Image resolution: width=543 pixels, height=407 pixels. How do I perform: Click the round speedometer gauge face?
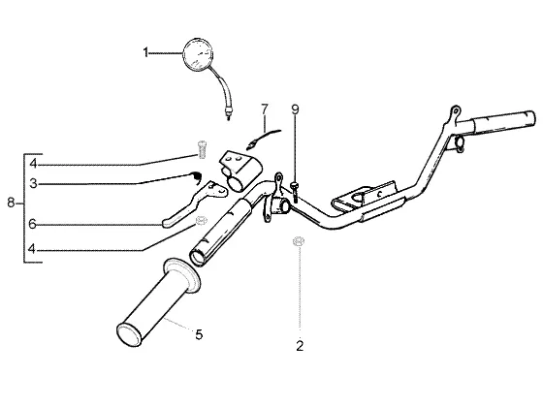198,55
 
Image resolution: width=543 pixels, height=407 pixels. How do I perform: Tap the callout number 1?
145,53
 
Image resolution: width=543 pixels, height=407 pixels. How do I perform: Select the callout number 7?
265,110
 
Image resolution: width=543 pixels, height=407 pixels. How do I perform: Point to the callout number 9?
295,110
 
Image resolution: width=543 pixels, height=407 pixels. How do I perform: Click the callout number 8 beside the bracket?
11,203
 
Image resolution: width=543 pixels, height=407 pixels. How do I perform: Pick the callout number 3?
33,183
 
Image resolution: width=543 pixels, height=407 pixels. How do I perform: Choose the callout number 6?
32,224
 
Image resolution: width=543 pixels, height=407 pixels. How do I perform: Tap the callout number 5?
199,334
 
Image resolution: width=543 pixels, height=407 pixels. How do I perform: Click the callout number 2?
300,345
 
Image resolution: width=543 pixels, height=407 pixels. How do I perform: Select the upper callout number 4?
33,164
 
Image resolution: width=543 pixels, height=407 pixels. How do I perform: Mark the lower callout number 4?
32,248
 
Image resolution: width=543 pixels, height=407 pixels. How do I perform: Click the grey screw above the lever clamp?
202,149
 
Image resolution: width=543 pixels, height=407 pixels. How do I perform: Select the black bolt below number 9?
295,192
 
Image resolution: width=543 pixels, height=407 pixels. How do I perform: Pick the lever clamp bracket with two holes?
239,171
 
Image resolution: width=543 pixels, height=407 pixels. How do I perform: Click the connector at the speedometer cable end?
228,112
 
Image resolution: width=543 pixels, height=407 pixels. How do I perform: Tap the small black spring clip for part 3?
197,176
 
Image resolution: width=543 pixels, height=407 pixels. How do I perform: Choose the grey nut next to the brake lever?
201,221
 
